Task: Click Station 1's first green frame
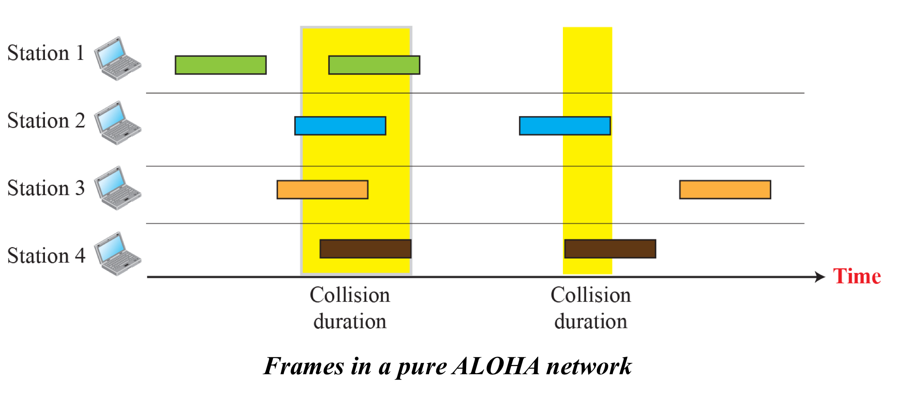[221, 65]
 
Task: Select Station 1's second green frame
[374, 65]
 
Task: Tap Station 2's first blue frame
[340, 126]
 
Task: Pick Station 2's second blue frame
[565, 126]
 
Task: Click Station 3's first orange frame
[322, 190]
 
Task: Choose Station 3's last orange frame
[725, 190]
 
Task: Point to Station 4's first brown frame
[365, 249]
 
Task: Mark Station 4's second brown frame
[610, 249]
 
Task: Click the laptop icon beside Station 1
[117, 58]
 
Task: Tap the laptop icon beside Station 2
[117, 123]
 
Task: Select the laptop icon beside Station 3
[117, 188]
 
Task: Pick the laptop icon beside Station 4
[117, 254]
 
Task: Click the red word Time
[857, 276]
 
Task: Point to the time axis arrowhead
[820, 277]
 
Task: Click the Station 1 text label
[46, 53]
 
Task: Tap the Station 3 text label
[46, 188]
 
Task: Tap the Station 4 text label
[46, 256]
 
